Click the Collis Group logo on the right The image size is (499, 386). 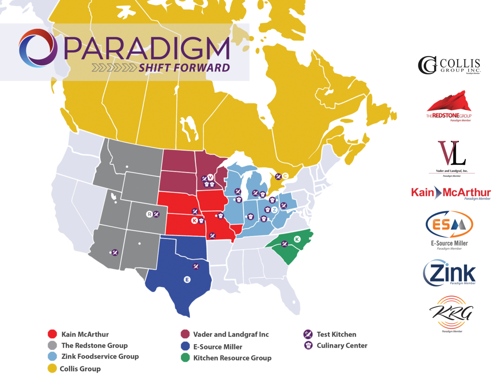pos(449,65)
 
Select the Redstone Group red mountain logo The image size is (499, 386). pos(449,106)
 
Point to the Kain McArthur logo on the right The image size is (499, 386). pos(451,192)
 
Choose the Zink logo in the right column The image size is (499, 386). pos(449,273)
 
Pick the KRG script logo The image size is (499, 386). pos(451,313)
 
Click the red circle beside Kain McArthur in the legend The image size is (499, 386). pos(52,334)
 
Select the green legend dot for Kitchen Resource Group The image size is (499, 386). pos(185,358)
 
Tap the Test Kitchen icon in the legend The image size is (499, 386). pos(308,334)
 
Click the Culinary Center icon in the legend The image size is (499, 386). pos(308,345)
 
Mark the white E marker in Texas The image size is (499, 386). pos(187,279)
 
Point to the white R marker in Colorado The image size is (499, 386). pos(149,214)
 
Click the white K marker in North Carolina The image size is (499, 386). pos(297,239)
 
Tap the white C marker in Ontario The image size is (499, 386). pos(285,176)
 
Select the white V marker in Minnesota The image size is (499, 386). pos(210,178)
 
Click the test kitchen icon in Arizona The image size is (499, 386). pos(115,253)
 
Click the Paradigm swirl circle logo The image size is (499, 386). pos(38,48)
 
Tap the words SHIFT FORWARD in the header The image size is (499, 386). pos(184,68)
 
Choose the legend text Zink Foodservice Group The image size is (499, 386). pos(100,356)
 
